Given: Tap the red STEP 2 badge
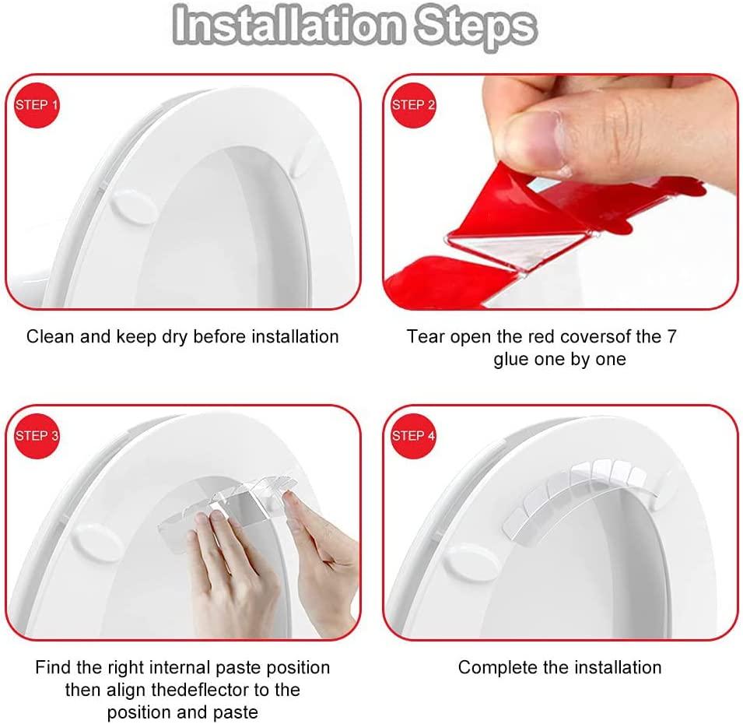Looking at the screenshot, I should click(413, 104).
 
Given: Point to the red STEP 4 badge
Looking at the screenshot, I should click(413, 436).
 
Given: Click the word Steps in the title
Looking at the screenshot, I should click(475, 26).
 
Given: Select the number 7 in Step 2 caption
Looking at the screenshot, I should click(672, 337).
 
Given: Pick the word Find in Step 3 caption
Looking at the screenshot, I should click(52, 667).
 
